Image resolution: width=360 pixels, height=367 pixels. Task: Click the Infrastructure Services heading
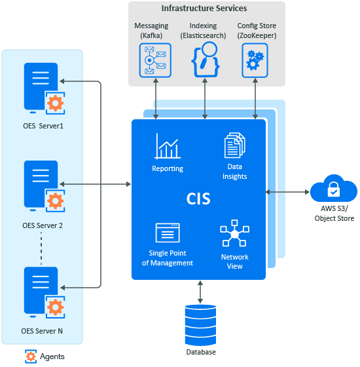(204, 9)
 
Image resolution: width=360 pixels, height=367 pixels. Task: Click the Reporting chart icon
(168, 145)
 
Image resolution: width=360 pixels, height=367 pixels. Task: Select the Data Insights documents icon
(234, 145)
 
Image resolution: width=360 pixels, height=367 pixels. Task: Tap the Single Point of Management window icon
(168, 233)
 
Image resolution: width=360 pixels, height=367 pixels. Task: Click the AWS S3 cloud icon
(333, 191)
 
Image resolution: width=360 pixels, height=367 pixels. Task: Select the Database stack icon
(200, 325)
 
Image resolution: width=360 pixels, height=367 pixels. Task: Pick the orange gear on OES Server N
(56, 306)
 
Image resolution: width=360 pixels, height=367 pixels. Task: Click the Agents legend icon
(30, 357)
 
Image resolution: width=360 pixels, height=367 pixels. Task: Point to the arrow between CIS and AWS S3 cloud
(287, 192)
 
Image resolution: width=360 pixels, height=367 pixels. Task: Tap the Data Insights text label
(234, 172)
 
